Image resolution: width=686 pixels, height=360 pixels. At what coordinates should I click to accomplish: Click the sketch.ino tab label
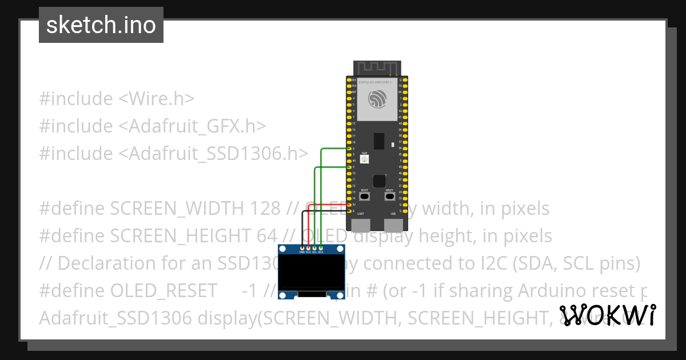101,25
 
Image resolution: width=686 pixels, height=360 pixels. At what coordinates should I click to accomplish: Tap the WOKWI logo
608,315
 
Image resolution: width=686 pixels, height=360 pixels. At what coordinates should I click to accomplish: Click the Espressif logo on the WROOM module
378,101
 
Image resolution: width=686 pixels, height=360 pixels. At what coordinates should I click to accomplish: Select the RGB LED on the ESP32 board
364,159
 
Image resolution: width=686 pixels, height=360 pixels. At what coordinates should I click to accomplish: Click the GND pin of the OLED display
301,248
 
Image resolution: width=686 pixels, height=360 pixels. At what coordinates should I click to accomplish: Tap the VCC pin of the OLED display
308,248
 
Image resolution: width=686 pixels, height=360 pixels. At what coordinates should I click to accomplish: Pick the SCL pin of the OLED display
314,248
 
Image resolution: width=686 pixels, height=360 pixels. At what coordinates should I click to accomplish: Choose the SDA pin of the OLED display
321,248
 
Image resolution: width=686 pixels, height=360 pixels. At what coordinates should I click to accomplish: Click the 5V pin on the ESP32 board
349,205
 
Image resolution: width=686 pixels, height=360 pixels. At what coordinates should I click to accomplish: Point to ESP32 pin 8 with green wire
349,149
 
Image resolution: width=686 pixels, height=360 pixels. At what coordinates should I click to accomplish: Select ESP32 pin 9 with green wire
349,167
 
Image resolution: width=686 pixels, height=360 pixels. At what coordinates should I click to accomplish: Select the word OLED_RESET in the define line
162,291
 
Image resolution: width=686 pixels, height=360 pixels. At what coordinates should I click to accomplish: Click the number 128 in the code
265,209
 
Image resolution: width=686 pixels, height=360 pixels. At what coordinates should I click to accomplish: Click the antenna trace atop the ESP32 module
377,67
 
